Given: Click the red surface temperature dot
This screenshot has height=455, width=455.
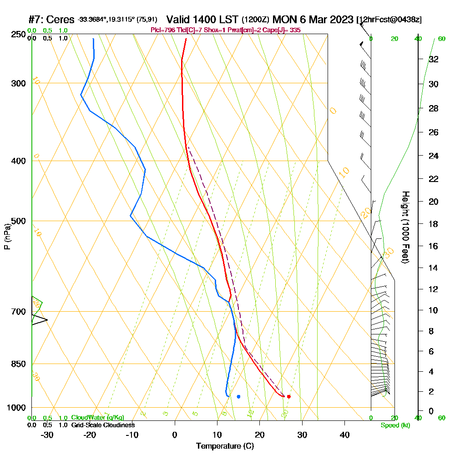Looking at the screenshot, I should (288, 396).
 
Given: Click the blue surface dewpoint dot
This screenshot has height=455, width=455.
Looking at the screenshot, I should (238, 396).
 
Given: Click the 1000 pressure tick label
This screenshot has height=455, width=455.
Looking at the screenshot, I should (16, 407).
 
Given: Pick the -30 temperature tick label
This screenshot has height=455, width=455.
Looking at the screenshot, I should (47, 435).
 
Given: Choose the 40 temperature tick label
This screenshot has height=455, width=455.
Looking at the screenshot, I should (345, 435).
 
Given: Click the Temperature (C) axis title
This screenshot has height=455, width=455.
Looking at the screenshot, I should (225, 446).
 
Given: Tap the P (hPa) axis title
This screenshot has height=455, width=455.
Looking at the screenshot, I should (7, 237).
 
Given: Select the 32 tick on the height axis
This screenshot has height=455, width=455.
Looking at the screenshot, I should (434, 59).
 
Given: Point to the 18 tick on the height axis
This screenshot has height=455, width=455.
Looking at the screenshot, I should (434, 224).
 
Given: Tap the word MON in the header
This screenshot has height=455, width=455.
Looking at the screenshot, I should (286, 20).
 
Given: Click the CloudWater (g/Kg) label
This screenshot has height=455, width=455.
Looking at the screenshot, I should (97, 418).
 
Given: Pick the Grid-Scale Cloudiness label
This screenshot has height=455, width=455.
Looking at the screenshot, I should (103, 425).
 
